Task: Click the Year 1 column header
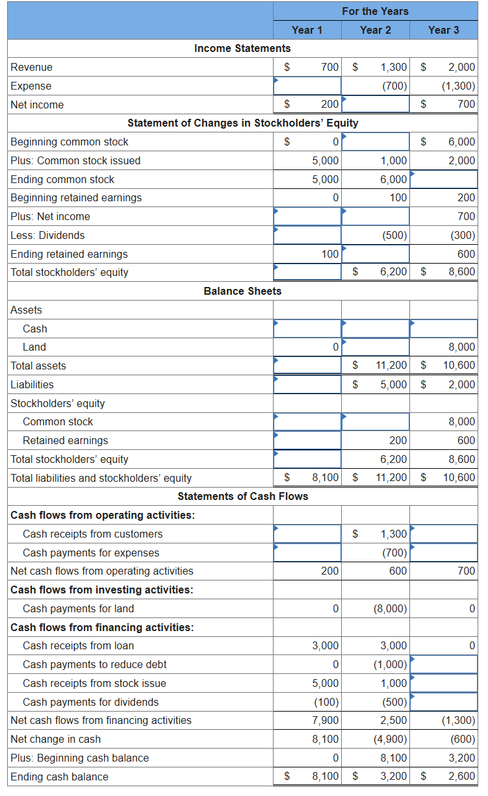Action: click(x=307, y=30)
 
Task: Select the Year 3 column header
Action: click(x=443, y=30)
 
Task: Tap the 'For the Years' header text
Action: click(x=375, y=11)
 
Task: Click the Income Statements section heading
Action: click(x=242, y=48)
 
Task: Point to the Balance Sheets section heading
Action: click(x=242, y=291)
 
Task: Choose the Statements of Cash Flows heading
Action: click(x=242, y=496)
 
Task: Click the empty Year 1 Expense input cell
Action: click(x=307, y=86)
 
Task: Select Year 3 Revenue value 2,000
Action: click(x=461, y=67)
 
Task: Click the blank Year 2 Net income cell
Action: click(x=376, y=105)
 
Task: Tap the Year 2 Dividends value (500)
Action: click(x=394, y=235)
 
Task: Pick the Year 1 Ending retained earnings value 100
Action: click(x=330, y=254)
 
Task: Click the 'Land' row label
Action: click(x=34, y=347)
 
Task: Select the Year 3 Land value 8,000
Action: click(x=461, y=347)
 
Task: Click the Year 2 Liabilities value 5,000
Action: click(x=394, y=384)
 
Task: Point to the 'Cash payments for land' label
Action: click(x=78, y=608)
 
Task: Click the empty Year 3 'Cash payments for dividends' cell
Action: click(x=444, y=702)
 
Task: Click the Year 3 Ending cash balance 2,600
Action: click(x=461, y=777)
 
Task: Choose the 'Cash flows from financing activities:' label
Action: click(x=102, y=627)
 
